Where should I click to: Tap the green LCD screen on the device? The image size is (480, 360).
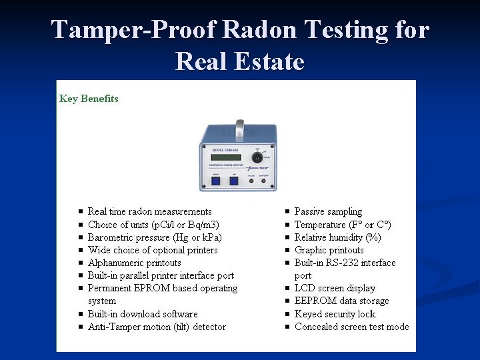click(222, 161)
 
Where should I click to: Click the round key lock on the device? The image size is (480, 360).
click(257, 158)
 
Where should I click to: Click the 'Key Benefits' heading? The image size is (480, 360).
click(89, 99)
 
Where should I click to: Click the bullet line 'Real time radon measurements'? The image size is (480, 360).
click(149, 211)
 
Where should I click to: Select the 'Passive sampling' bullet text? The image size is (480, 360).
click(328, 211)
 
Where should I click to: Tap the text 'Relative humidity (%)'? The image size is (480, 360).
click(337, 237)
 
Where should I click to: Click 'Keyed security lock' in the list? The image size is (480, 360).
click(335, 314)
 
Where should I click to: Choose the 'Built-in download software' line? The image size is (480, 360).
click(143, 314)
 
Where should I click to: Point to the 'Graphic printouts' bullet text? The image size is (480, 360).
click(329, 250)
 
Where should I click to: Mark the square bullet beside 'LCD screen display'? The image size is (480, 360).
click(287, 289)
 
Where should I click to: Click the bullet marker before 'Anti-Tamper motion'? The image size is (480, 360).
click(80, 327)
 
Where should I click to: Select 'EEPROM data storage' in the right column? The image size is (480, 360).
click(341, 301)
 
